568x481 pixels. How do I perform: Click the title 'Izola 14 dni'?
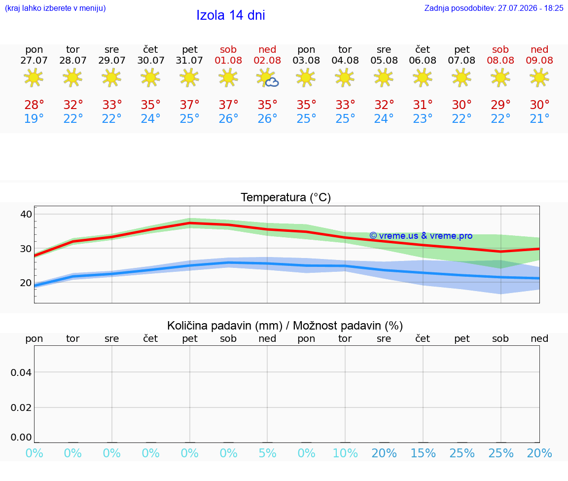tap(231, 15)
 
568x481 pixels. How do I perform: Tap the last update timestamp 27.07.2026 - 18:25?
tap(531, 8)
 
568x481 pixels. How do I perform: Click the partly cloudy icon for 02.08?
tap(267, 78)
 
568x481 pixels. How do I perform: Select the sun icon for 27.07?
tap(34, 77)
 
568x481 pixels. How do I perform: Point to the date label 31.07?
tap(189, 60)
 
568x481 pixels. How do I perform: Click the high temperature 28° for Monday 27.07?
tap(34, 105)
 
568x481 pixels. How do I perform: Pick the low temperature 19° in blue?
tap(34, 118)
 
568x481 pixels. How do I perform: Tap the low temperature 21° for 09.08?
tap(539, 118)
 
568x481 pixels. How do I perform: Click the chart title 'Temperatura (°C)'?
tap(286, 197)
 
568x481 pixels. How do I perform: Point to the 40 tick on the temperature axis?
tap(26, 214)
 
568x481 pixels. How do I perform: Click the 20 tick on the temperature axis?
tap(26, 283)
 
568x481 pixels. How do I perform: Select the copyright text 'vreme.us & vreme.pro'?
tap(426, 236)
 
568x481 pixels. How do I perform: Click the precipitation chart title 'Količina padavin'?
tap(224, 326)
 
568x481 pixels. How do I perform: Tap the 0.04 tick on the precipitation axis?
tap(21, 372)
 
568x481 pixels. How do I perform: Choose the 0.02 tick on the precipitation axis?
tap(21, 407)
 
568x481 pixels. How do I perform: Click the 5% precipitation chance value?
tap(267, 453)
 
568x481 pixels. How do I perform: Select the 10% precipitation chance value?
tap(345, 453)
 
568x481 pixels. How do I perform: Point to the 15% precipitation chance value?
tap(423, 453)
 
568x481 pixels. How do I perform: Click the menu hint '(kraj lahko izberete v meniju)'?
tap(55, 8)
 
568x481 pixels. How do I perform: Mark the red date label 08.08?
tap(500, 60)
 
